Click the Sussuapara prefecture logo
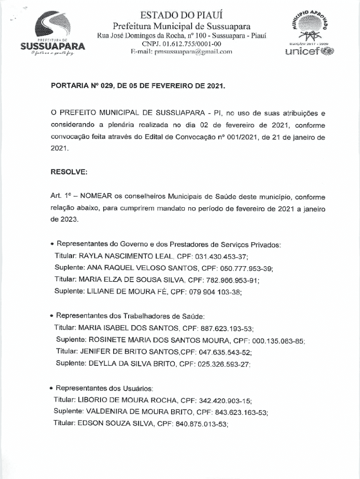click(52, 35)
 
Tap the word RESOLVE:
click(69, 172)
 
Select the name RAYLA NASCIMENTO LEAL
click(126, 257)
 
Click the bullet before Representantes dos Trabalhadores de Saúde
click(51, 316)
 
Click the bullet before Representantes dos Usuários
click(51, 389)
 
